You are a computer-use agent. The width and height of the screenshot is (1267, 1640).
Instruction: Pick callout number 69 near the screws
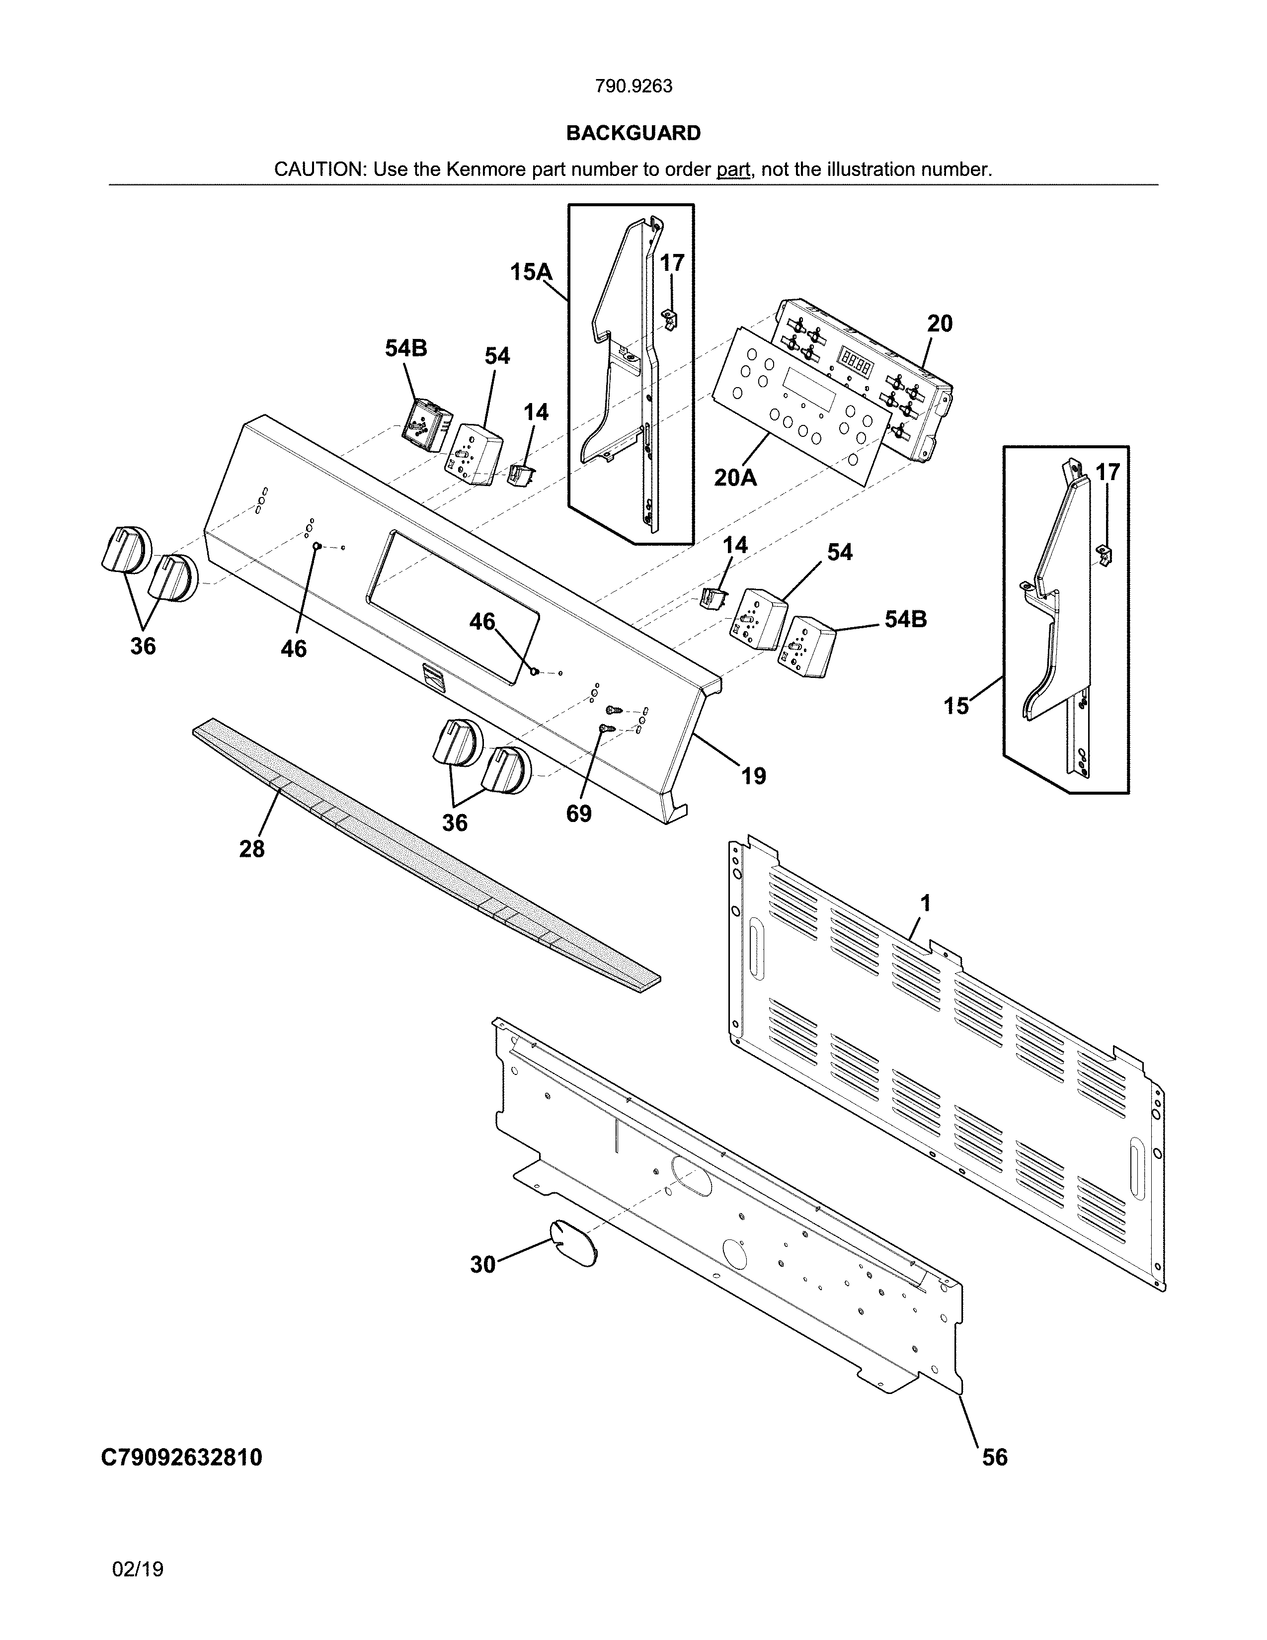[x=579, y=813]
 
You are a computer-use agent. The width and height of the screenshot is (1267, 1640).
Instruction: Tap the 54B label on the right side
[x=905, y=620]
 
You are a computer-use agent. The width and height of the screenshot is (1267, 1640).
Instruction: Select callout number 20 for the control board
[x=939, y=324]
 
